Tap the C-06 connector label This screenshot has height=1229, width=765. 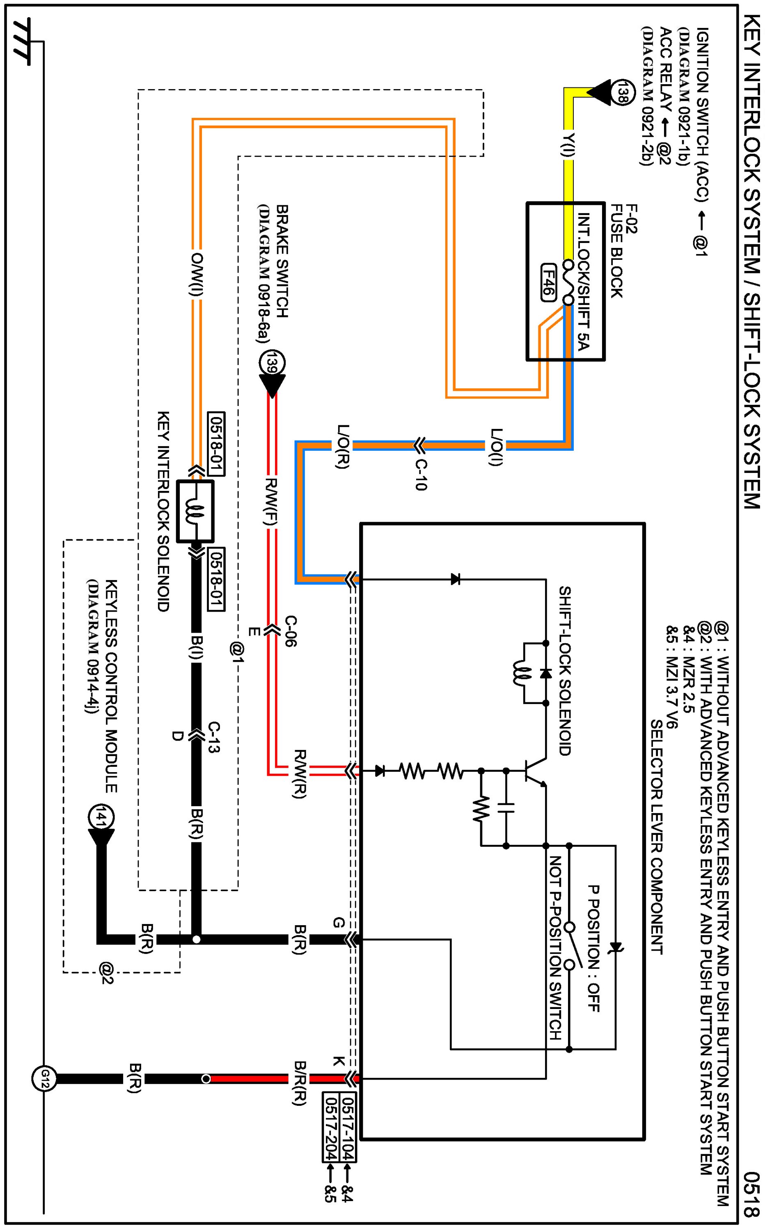pyautogui.click(x=290, y=631)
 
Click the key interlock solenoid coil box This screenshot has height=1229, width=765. pyautogui.click(x=195, y=511)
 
